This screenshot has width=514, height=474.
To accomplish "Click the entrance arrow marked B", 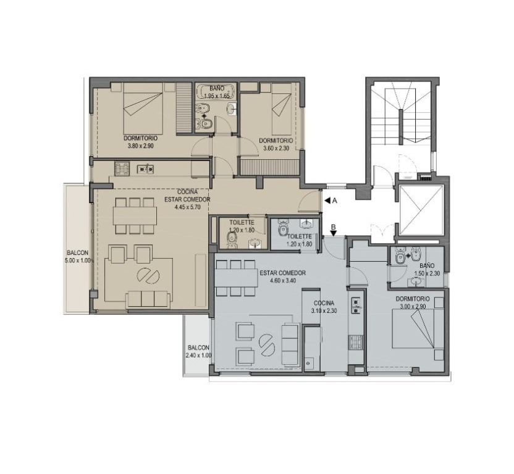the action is point(334,233).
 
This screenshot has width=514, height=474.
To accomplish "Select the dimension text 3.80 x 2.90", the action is point(141,146).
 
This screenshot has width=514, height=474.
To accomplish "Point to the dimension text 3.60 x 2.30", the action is point(276,148).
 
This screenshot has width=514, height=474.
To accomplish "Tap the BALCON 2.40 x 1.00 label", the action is point(199,351).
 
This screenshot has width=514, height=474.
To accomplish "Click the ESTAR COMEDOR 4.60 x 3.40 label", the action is point(282,276).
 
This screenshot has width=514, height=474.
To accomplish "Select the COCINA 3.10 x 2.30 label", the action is point(324,307).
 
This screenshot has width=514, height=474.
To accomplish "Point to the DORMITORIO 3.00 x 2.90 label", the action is point(413,302).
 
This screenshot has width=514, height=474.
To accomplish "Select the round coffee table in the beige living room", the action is point(148,276).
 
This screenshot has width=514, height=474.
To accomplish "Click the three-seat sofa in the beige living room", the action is point(148,299).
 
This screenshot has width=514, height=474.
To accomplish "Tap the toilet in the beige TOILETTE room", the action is point(232,240).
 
